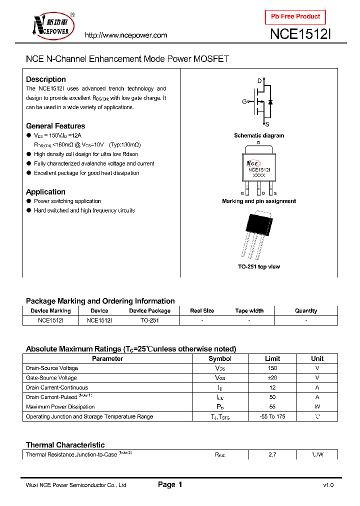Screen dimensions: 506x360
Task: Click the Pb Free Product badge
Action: pyautogui.click(x=295, y=16)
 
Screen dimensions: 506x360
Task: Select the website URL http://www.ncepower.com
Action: pyautogui.click(x=125, y=35)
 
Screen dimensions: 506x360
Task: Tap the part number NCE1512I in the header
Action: pyautogui.click(x=300, y=34)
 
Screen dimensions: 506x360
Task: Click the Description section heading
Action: pyautogui.click(x=46, y=79)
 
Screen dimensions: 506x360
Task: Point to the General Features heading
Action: pyautogui.click(x=55, y=126)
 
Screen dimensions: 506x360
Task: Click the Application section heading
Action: pyautogui.click(x=45, y=192)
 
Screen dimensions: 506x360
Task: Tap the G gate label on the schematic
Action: pyautogui.click(x=244, y=101)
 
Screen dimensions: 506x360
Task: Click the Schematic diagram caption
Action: pyautogui.click(x=259, y=135)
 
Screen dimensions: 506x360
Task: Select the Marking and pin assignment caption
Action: pyautogui.click(x=259, y=201)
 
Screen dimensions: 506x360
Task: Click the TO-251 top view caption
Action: pyautogui.click(x=259, y=266)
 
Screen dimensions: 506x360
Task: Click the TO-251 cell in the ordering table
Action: pyautogui.click(x=149, y=320)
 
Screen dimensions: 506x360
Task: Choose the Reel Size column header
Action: pyautogui.click(x=202, y=310)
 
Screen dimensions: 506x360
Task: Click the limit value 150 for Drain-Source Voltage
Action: pyautogui.click(x=272, y=368)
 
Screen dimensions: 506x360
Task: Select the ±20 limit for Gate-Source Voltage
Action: pyautogui.click(x=272, y=378)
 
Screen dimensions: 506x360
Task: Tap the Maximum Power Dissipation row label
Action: pyautogui.click(x=60, y=407)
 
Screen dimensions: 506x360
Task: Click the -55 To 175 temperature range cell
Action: pyautogui.click(x=272, y=416)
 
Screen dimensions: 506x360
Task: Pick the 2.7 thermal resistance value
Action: pyautogui.click(x=272, y=454)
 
